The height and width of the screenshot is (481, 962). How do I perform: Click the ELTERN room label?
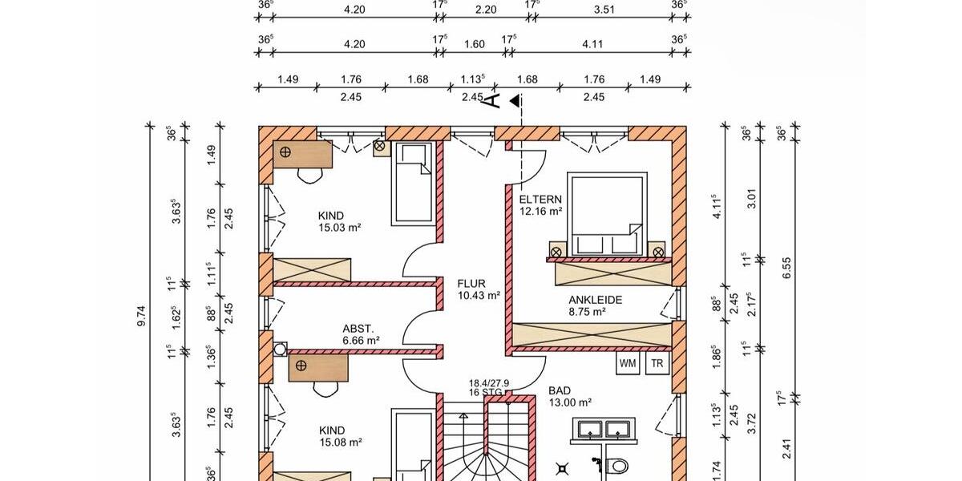tap(540, 200)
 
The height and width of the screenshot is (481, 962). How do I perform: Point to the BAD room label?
tap(560, 391)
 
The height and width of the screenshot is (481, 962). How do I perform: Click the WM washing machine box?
tap(628, 363)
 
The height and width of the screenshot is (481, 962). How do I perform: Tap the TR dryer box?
tap(657, 363)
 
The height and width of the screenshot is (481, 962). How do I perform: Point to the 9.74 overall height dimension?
tap(142, 317)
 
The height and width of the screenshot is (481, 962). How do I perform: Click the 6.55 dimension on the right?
tap(786, 273)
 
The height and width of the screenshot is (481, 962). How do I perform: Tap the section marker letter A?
tap(495, 100)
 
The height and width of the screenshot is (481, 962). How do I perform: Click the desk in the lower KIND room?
tap(318, 367)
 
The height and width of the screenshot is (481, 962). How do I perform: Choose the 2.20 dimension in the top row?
tap(486, 11)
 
